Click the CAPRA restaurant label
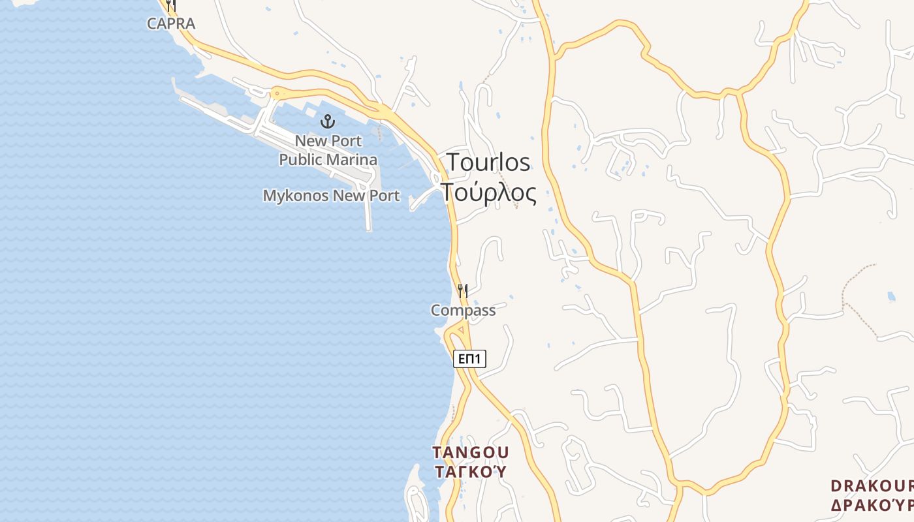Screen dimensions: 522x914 (x=170, y=23)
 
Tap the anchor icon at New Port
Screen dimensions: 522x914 (x=328, y=121)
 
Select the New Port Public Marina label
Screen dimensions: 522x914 (x=328, y=150)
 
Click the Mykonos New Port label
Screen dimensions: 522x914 (x=331, y=195)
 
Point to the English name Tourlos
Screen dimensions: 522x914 (x=488, y=162)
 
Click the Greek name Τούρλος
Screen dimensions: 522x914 (x=488, y=192)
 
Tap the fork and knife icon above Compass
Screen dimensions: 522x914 (x=462, y=290)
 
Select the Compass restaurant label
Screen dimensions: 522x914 (x=463, y=311)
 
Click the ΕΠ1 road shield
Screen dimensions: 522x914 (x=469, y=358)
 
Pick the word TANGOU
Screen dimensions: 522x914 (x=470, y=452)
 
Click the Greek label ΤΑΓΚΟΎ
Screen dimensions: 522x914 (x=470, y=471)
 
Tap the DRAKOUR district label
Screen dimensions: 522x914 (x=872, y=486)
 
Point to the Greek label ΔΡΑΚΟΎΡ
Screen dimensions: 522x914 (x=872, y=505)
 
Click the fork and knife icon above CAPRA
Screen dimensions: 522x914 (x=170, y=6)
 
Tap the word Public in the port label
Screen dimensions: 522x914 (x=301, y=159)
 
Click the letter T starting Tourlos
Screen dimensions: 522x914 (x=454, y=162)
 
